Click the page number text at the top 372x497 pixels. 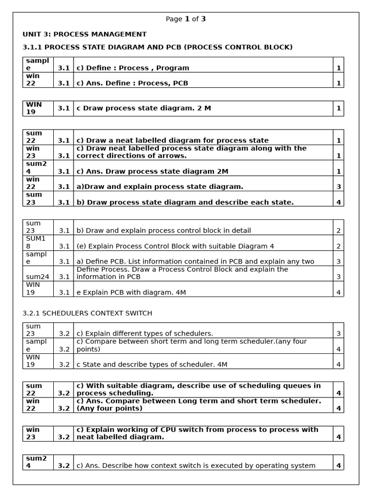click(x=186, y=19)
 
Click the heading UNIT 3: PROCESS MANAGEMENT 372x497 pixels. click(x=84, y=34)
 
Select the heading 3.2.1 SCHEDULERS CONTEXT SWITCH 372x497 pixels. click(x=87, y=313)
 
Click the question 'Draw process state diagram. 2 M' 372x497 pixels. click(x=144, y=108)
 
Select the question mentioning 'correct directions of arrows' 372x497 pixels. click(x=191, y=152)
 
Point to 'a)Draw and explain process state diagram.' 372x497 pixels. click(x=160, y=186)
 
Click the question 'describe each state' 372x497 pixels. click(x=185, y=202)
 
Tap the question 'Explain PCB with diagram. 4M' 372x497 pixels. click(x=131, y=292)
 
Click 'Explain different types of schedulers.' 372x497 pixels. click(x=145, y=333)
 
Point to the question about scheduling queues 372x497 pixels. click(x=199, y=389)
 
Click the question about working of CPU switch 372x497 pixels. click(x=197, y=433)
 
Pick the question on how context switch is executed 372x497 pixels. click(x=196, y=465)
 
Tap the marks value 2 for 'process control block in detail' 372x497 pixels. click(x=339, y=231)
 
